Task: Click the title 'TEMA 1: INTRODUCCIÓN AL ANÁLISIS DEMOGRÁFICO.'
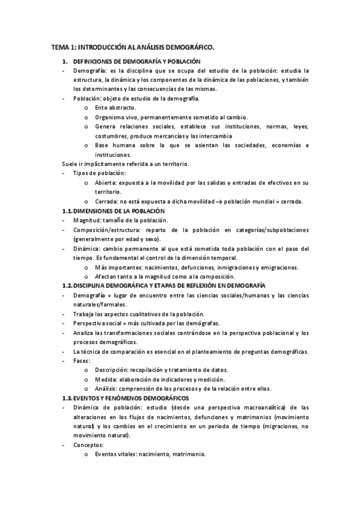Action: click(133, 46)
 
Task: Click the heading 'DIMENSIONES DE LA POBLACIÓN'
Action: click(118, 211)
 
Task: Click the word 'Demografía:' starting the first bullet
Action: click(90, 71)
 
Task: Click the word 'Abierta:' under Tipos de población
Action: click(106, 182)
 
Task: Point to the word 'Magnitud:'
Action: click(89, 220)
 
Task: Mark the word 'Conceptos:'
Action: click(88, 445)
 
